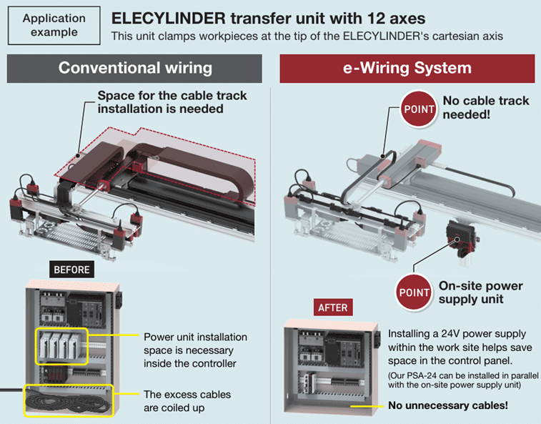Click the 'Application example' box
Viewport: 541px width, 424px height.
54,26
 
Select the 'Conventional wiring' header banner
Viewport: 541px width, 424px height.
135,68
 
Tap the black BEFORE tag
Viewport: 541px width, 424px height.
71,270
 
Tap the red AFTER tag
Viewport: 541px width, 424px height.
333,307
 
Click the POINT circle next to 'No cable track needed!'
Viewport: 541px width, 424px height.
418,109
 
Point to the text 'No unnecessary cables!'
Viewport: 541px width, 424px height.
448,405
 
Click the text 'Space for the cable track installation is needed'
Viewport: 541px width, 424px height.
161,102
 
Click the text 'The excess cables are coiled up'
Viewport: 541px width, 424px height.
187,401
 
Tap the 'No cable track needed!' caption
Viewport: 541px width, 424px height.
486,107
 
